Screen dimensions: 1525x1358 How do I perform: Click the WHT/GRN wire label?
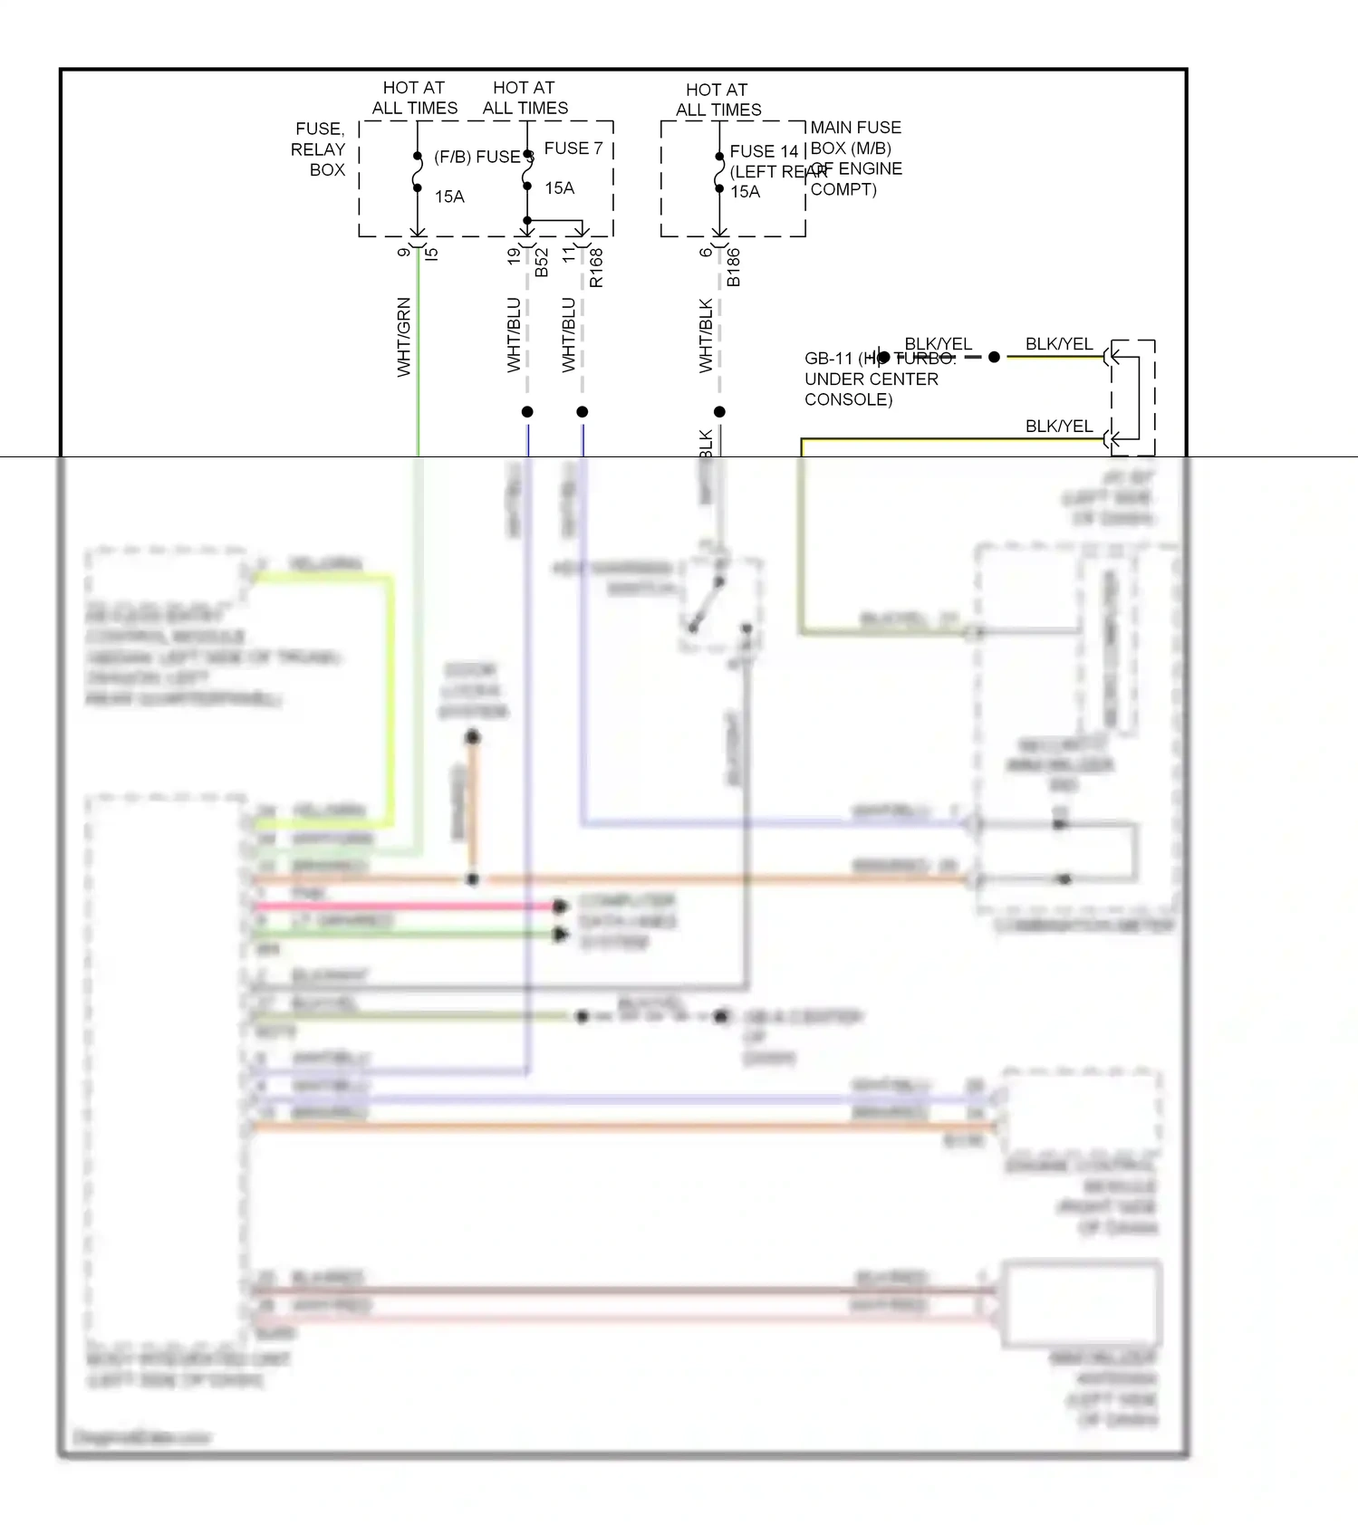404,337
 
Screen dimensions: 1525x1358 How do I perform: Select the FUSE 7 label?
573,148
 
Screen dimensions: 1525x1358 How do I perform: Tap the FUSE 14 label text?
764,151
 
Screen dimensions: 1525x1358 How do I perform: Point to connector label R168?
596,269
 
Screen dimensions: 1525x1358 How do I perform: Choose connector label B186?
734,268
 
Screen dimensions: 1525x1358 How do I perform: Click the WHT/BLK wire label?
706,336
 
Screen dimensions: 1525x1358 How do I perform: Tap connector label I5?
432,254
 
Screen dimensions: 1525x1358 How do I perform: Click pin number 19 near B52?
515,256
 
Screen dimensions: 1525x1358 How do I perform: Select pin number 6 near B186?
707,253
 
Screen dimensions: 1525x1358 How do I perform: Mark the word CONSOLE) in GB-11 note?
848,399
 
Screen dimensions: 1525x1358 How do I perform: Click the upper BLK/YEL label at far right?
1058,344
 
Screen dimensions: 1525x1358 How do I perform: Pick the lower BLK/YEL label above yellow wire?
1058,426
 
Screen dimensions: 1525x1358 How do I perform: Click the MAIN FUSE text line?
855,128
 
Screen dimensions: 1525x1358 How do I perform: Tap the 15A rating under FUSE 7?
559,188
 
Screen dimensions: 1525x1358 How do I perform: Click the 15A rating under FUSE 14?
745,192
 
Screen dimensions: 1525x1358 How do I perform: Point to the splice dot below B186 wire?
719,412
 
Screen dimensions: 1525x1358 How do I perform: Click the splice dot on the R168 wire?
583,412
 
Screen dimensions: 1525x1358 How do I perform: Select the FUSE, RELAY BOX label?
318,149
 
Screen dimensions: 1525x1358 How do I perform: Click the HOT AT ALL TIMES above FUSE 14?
718,100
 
